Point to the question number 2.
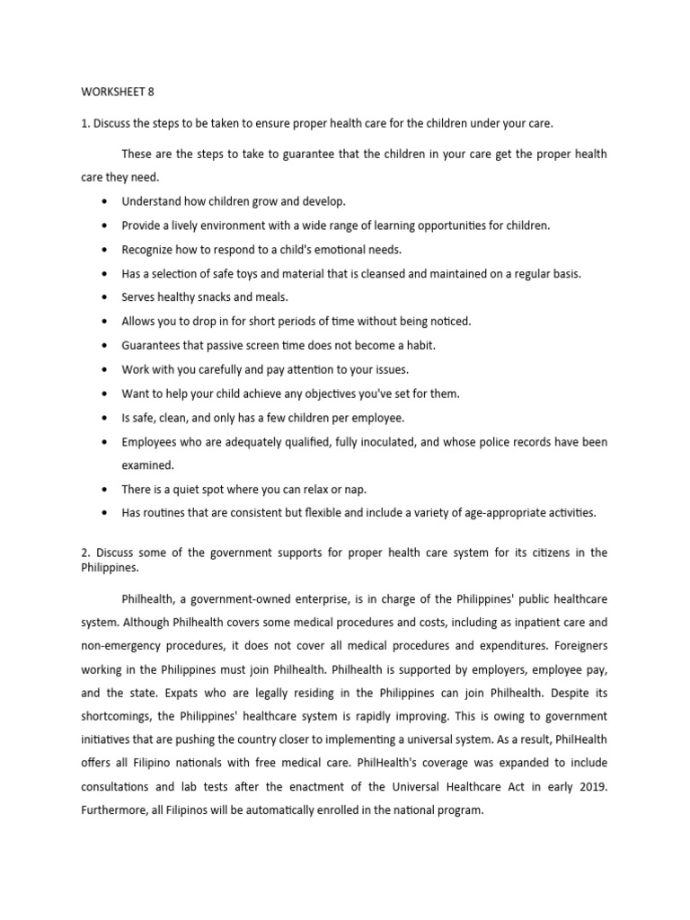click(84, 552)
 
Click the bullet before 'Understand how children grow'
click(106, 201)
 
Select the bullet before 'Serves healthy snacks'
click(106, 296)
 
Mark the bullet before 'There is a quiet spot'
click(106, 490)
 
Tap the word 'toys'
click(249, 273)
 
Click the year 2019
click(589, 787)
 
